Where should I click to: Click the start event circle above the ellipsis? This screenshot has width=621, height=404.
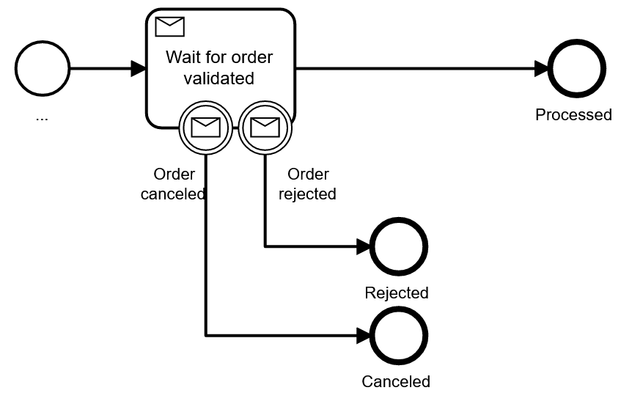(x=42, y=70)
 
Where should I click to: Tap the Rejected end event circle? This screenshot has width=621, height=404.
(x=399, y=246)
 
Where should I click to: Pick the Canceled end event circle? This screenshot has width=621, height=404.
(x=399, y=336)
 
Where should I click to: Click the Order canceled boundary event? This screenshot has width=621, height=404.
(x=206, y=128)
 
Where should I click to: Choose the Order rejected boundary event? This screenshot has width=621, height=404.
(x=265, y=128)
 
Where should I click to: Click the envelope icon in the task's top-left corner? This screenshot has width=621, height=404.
(x=170, y=27)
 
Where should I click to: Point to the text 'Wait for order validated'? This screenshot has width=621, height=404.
(x=219, y=67)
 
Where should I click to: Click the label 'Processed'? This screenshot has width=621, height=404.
(x=573, y=115)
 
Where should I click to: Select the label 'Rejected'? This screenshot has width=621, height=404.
(x=397, y=293)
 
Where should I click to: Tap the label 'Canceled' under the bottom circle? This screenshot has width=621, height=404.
(x=396, y=382)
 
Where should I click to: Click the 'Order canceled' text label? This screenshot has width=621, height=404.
(x=173, y=184)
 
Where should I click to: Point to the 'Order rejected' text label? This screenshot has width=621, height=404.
(x=308, y=184)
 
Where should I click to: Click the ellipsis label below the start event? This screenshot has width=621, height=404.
(x=41, y=117)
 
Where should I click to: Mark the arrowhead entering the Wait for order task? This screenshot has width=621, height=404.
(x=139, y=70)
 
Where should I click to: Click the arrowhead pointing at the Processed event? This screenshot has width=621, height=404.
(x=542, y=70)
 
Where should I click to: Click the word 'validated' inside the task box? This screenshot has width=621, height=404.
(x=219, y=77)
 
